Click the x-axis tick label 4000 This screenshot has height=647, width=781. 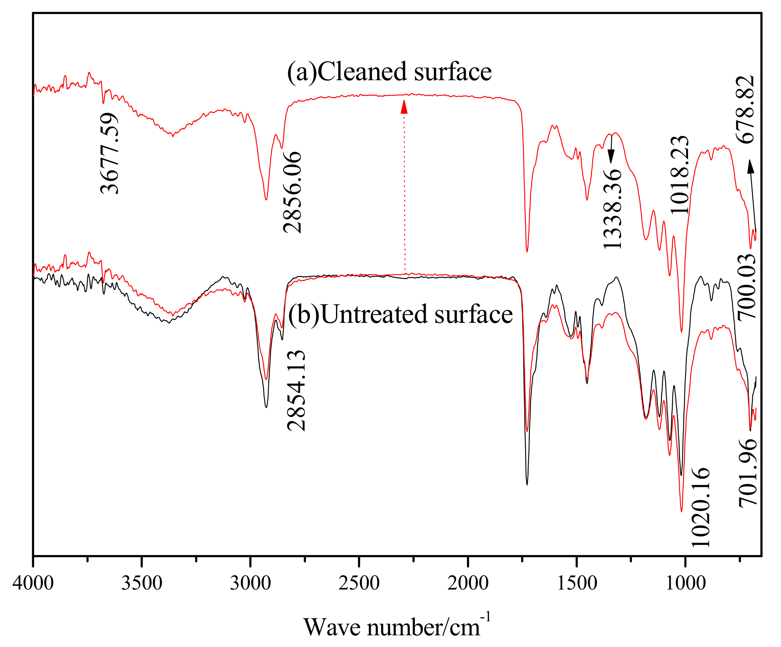tap(33, 583)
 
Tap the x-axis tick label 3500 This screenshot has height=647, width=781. tap(142, 583)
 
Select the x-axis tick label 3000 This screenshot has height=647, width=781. tap(250, 583)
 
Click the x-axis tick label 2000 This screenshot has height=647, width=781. tap(468, 583)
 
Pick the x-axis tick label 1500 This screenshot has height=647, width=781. tap(577, 583)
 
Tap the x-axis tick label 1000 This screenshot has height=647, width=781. tap(685, 583)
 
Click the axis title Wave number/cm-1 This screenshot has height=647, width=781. tap(397, 626)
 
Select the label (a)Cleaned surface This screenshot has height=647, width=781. tap(389, 72)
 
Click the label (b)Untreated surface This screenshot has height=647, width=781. tap(401, 314)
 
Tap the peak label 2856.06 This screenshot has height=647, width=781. tap(292, 192)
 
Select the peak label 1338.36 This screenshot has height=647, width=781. tap(612, 209)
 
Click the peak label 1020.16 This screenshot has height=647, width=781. tap(701, 507)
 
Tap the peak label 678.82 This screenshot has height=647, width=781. tap(746, 109)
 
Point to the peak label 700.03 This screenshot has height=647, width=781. tap(747, 286)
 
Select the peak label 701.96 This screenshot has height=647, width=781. tap(748, 472)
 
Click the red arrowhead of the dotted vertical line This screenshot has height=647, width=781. tap(404, 107)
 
